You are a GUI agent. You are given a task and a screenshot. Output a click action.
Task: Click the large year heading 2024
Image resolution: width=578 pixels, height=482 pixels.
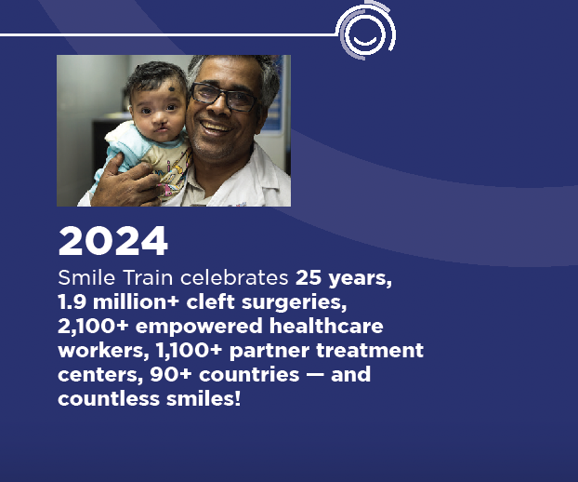pos(113,241)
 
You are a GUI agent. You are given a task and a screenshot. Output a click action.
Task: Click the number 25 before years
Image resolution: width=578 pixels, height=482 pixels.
pos(309,277)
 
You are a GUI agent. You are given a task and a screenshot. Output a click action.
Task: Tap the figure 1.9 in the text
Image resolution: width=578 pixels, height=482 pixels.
pos(72,301)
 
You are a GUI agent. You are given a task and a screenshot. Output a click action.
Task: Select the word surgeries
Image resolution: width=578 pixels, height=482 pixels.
pos(295,302)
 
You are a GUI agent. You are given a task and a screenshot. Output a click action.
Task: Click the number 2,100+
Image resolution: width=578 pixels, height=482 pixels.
pos(93,327)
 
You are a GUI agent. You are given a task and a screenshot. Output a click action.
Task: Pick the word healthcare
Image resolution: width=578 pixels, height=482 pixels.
pos(326,327)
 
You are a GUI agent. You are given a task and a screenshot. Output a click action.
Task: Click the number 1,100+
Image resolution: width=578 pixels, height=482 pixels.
pos(189,351)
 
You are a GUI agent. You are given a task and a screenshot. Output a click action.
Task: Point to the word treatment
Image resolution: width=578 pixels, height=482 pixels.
pos(370,351)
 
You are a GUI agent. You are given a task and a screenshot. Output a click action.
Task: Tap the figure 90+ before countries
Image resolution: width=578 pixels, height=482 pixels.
pos(171,375)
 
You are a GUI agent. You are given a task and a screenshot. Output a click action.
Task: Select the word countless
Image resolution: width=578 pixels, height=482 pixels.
pos(109,399)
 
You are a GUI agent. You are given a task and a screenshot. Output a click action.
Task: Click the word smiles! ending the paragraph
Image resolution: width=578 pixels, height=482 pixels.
pos(204,399)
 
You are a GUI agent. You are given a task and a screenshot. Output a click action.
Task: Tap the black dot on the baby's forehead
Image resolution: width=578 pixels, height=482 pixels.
pos(172,88)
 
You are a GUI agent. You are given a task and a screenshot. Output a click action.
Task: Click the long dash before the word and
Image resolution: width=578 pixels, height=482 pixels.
pos(314,375)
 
